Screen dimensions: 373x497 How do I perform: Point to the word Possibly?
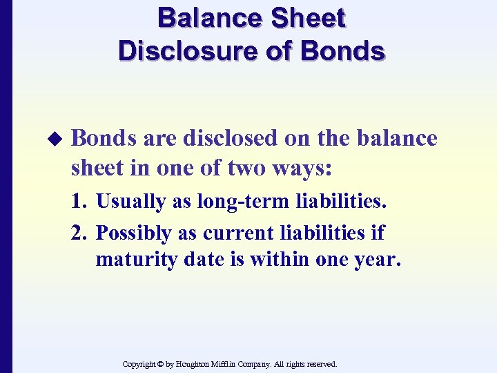133,233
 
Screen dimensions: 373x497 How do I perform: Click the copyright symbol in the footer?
160,363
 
